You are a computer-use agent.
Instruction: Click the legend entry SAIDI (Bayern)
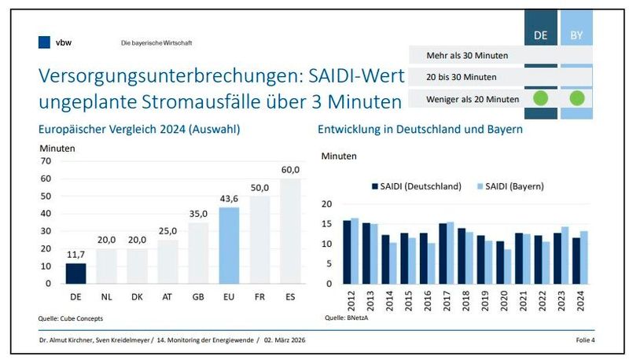coord(510,186)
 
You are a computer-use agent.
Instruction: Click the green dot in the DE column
coord(541,99)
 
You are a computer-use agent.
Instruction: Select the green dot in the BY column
coord(576,99)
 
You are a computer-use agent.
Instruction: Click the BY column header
coord(576,36)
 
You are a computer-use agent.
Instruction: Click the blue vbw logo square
coord(44,42)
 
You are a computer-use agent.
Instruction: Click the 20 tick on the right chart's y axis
coord(327,204)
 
